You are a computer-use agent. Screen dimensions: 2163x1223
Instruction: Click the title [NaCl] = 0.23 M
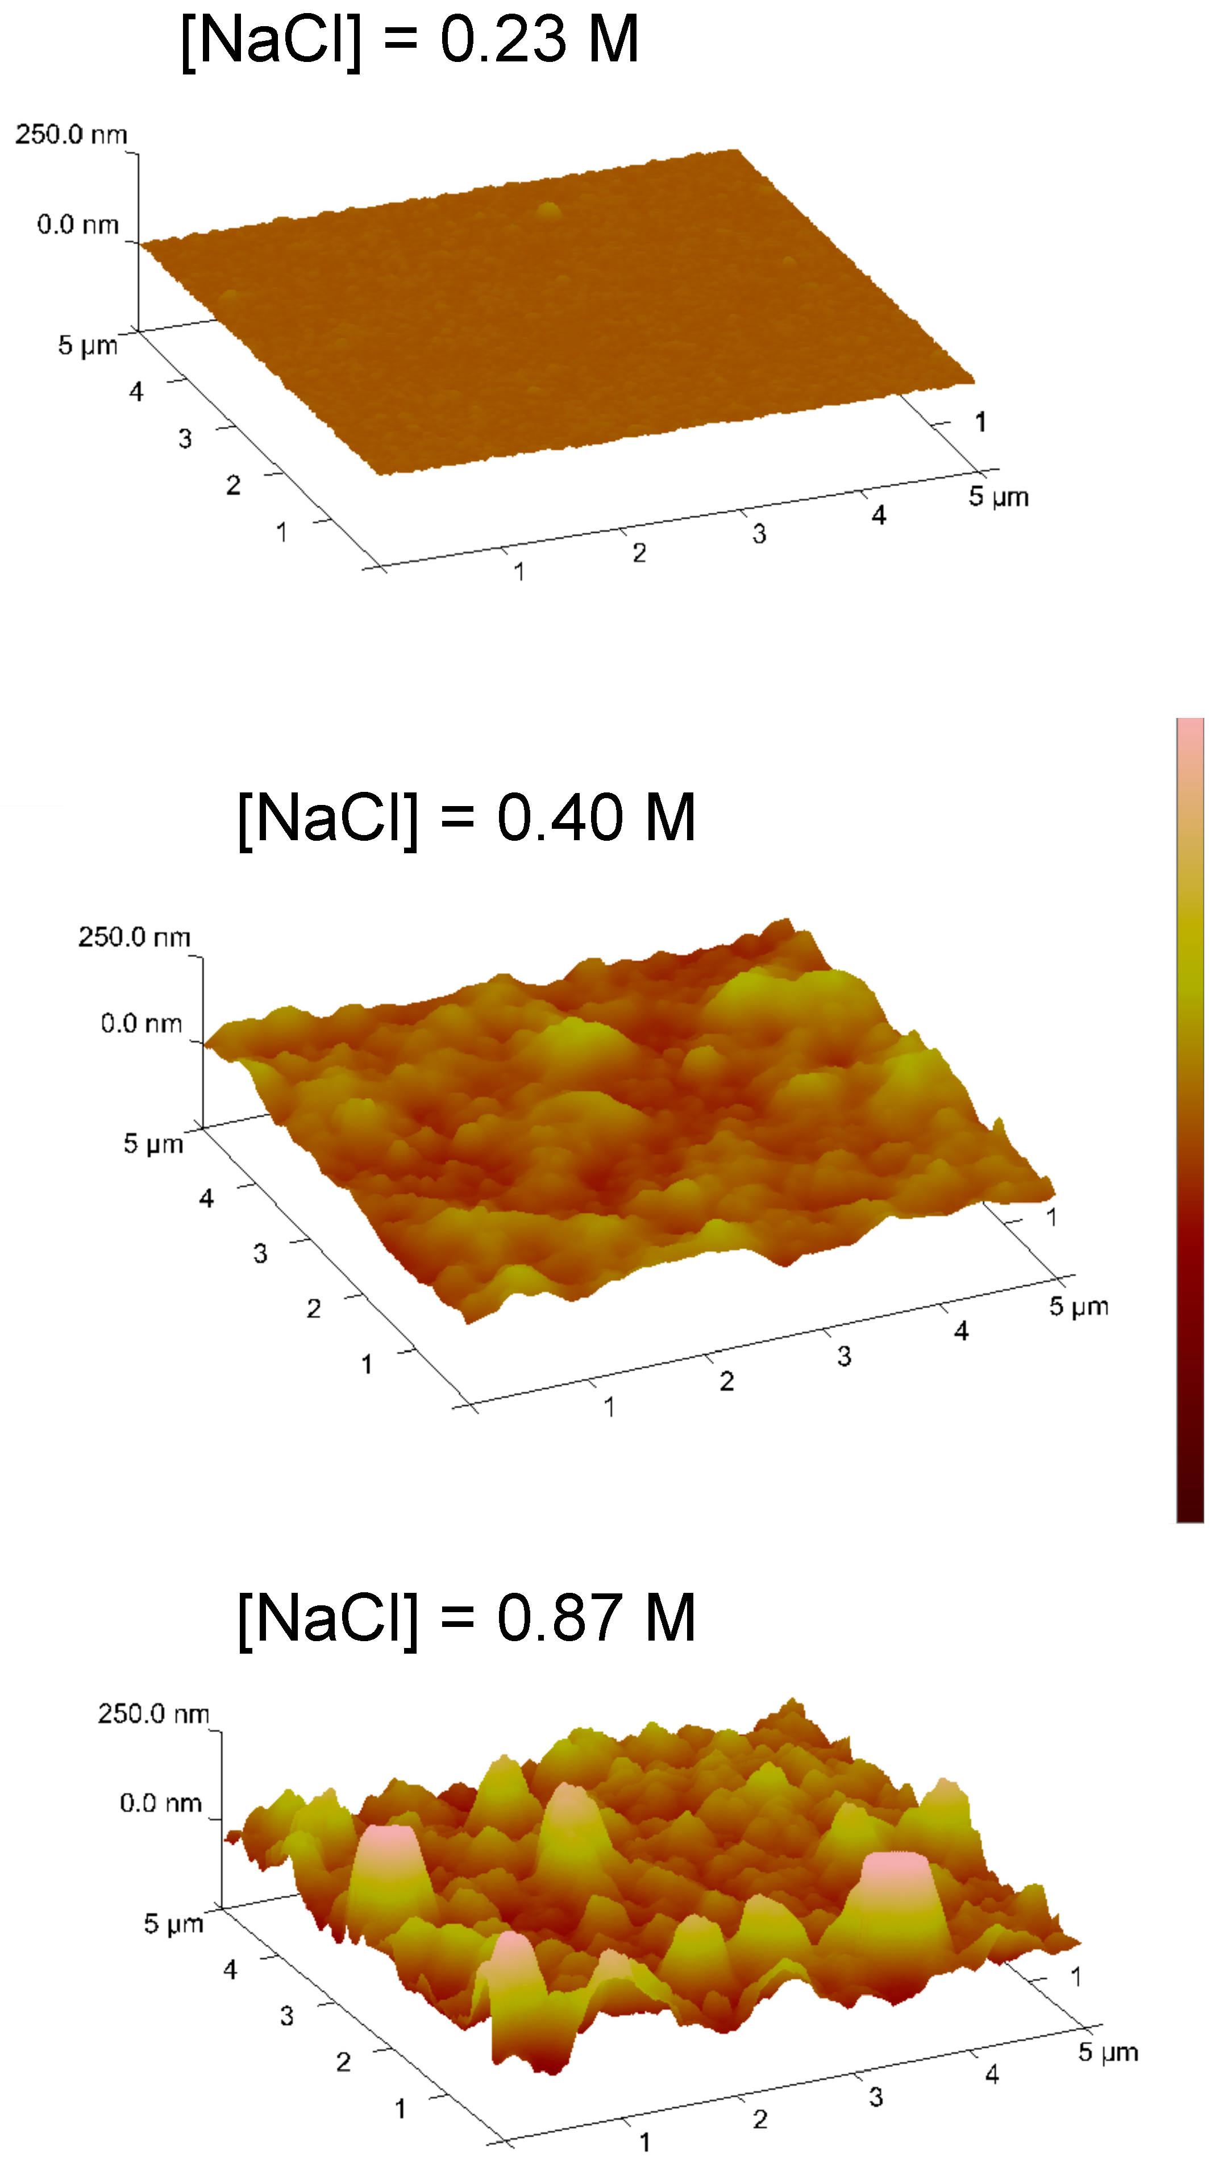[x=410, y=40]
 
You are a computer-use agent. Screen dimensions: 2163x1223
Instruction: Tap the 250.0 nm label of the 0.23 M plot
[x=72, y=134]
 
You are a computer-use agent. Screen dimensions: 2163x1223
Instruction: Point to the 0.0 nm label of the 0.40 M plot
[x=141, y=1023]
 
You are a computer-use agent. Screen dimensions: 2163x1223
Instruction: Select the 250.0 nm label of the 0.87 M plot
[x=153, y=1713]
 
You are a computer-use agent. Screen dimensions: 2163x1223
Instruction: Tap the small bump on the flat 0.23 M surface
[x=548, y=209]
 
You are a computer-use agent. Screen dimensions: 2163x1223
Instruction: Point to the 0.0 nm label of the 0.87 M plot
[x=160, y=1803]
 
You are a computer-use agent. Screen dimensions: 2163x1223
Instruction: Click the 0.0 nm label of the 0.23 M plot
[x=77, y=225]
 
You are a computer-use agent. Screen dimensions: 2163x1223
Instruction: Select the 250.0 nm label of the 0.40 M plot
[x=134, y=937]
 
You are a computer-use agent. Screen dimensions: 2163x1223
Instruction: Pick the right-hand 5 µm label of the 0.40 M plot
[x=1079, y=1306]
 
